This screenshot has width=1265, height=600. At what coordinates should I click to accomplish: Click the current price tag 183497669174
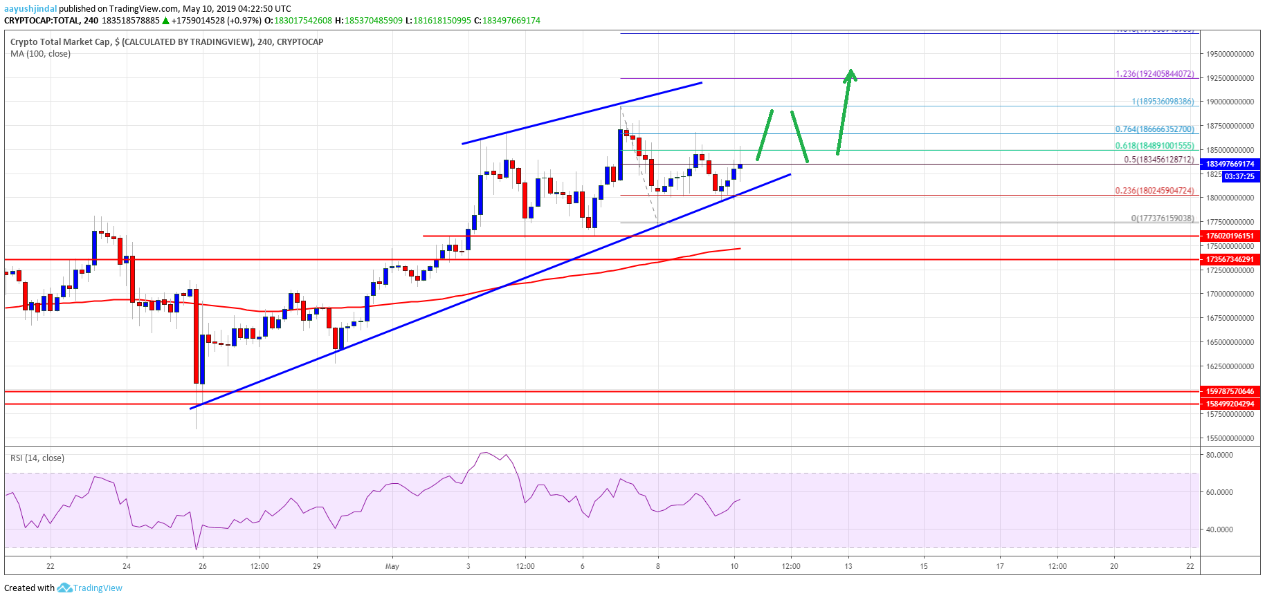[1230, 164]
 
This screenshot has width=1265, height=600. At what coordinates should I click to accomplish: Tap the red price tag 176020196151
[1230, 236]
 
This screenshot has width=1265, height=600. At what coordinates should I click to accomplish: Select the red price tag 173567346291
[1230, 259]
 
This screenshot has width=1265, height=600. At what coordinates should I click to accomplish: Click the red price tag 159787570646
[1230, 391]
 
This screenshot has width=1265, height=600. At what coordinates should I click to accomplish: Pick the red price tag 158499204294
[1230, 404]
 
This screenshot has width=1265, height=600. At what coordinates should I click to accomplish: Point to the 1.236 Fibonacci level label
[1154, 74]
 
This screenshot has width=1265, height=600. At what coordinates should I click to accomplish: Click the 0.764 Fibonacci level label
[1154, 129]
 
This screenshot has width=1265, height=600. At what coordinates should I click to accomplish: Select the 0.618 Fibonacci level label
[1154, 146]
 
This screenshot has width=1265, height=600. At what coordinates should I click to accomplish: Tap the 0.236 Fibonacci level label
[1154, 191]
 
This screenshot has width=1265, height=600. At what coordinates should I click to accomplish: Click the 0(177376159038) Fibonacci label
[1163, 218]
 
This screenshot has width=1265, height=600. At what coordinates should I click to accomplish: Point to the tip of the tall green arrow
[852, 70]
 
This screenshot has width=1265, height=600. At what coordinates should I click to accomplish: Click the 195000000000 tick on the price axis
[1230, 54]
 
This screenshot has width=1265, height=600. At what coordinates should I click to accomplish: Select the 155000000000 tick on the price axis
[1230, 438]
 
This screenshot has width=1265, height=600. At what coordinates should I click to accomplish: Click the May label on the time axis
[392, 566]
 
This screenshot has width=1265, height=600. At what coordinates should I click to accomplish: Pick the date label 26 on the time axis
[202, 566]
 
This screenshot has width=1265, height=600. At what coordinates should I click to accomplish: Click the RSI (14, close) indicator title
[37, 458]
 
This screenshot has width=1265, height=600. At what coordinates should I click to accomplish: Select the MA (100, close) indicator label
[40, 54]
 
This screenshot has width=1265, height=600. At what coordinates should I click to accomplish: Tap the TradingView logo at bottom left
[90, 588]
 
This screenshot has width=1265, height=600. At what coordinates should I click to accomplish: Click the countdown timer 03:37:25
[1239, 176]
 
